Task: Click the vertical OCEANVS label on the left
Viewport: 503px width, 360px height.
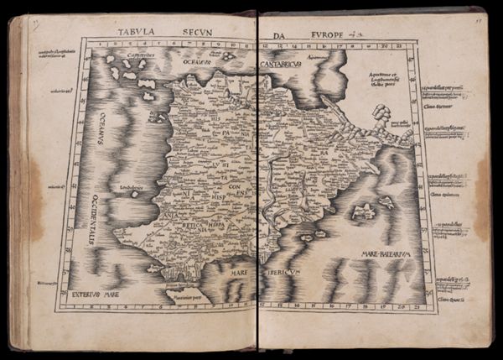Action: (101, 128)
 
